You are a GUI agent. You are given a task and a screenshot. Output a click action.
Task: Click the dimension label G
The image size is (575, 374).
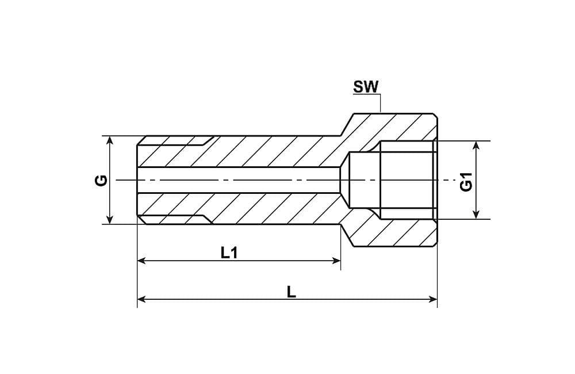[x=101, y=180]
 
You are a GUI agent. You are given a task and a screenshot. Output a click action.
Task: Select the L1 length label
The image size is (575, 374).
[x=229, y=252]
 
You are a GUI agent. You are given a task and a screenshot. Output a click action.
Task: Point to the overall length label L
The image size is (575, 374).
[x=292, y=291]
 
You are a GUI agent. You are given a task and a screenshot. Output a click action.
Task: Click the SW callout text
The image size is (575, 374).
[x=366, y=87]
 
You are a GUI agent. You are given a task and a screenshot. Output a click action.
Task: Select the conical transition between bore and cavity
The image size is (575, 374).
[x=345, y=180]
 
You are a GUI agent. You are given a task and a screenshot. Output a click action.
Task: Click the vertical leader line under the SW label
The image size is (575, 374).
[x=381, y=104]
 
